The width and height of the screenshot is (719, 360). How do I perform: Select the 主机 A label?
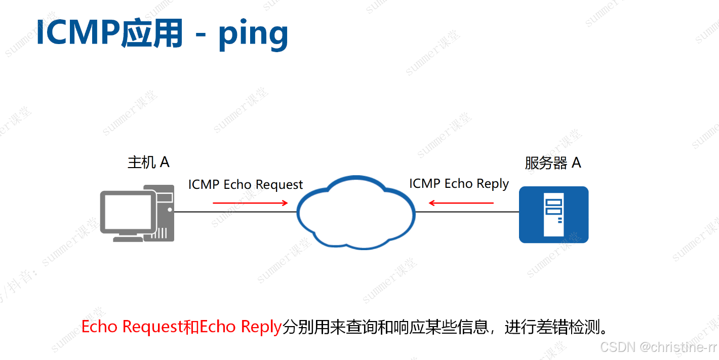click(148, 162)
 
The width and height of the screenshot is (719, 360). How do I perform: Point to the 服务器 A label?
click(552, 163)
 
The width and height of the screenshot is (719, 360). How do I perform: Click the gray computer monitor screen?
click(128, 212)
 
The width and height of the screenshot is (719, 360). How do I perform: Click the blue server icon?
click(553, 215)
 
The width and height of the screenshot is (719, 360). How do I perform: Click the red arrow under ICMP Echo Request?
click(250, 203)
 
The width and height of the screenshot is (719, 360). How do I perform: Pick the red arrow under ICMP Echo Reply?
click(461, 203)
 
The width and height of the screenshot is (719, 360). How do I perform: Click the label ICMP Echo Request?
click(246, 185)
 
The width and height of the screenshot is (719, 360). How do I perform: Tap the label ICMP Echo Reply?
click(459, 184)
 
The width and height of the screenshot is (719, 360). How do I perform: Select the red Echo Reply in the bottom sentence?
click(241, 327)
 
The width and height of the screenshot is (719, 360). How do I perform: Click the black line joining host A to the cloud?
click(235, 212)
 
